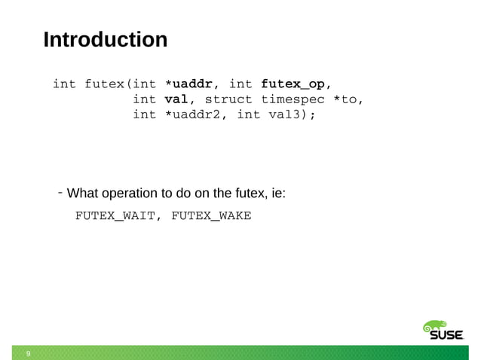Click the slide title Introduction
(x=105, y=39)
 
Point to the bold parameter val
(x=174, y=99)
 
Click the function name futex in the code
(x=106, y=83)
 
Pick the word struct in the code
(x=228, y=99)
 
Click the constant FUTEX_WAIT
(x=115, y=216)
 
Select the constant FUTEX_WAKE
(x=211, y=216)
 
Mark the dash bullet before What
(x=60, y=194)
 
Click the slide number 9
(x=28, y=352)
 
